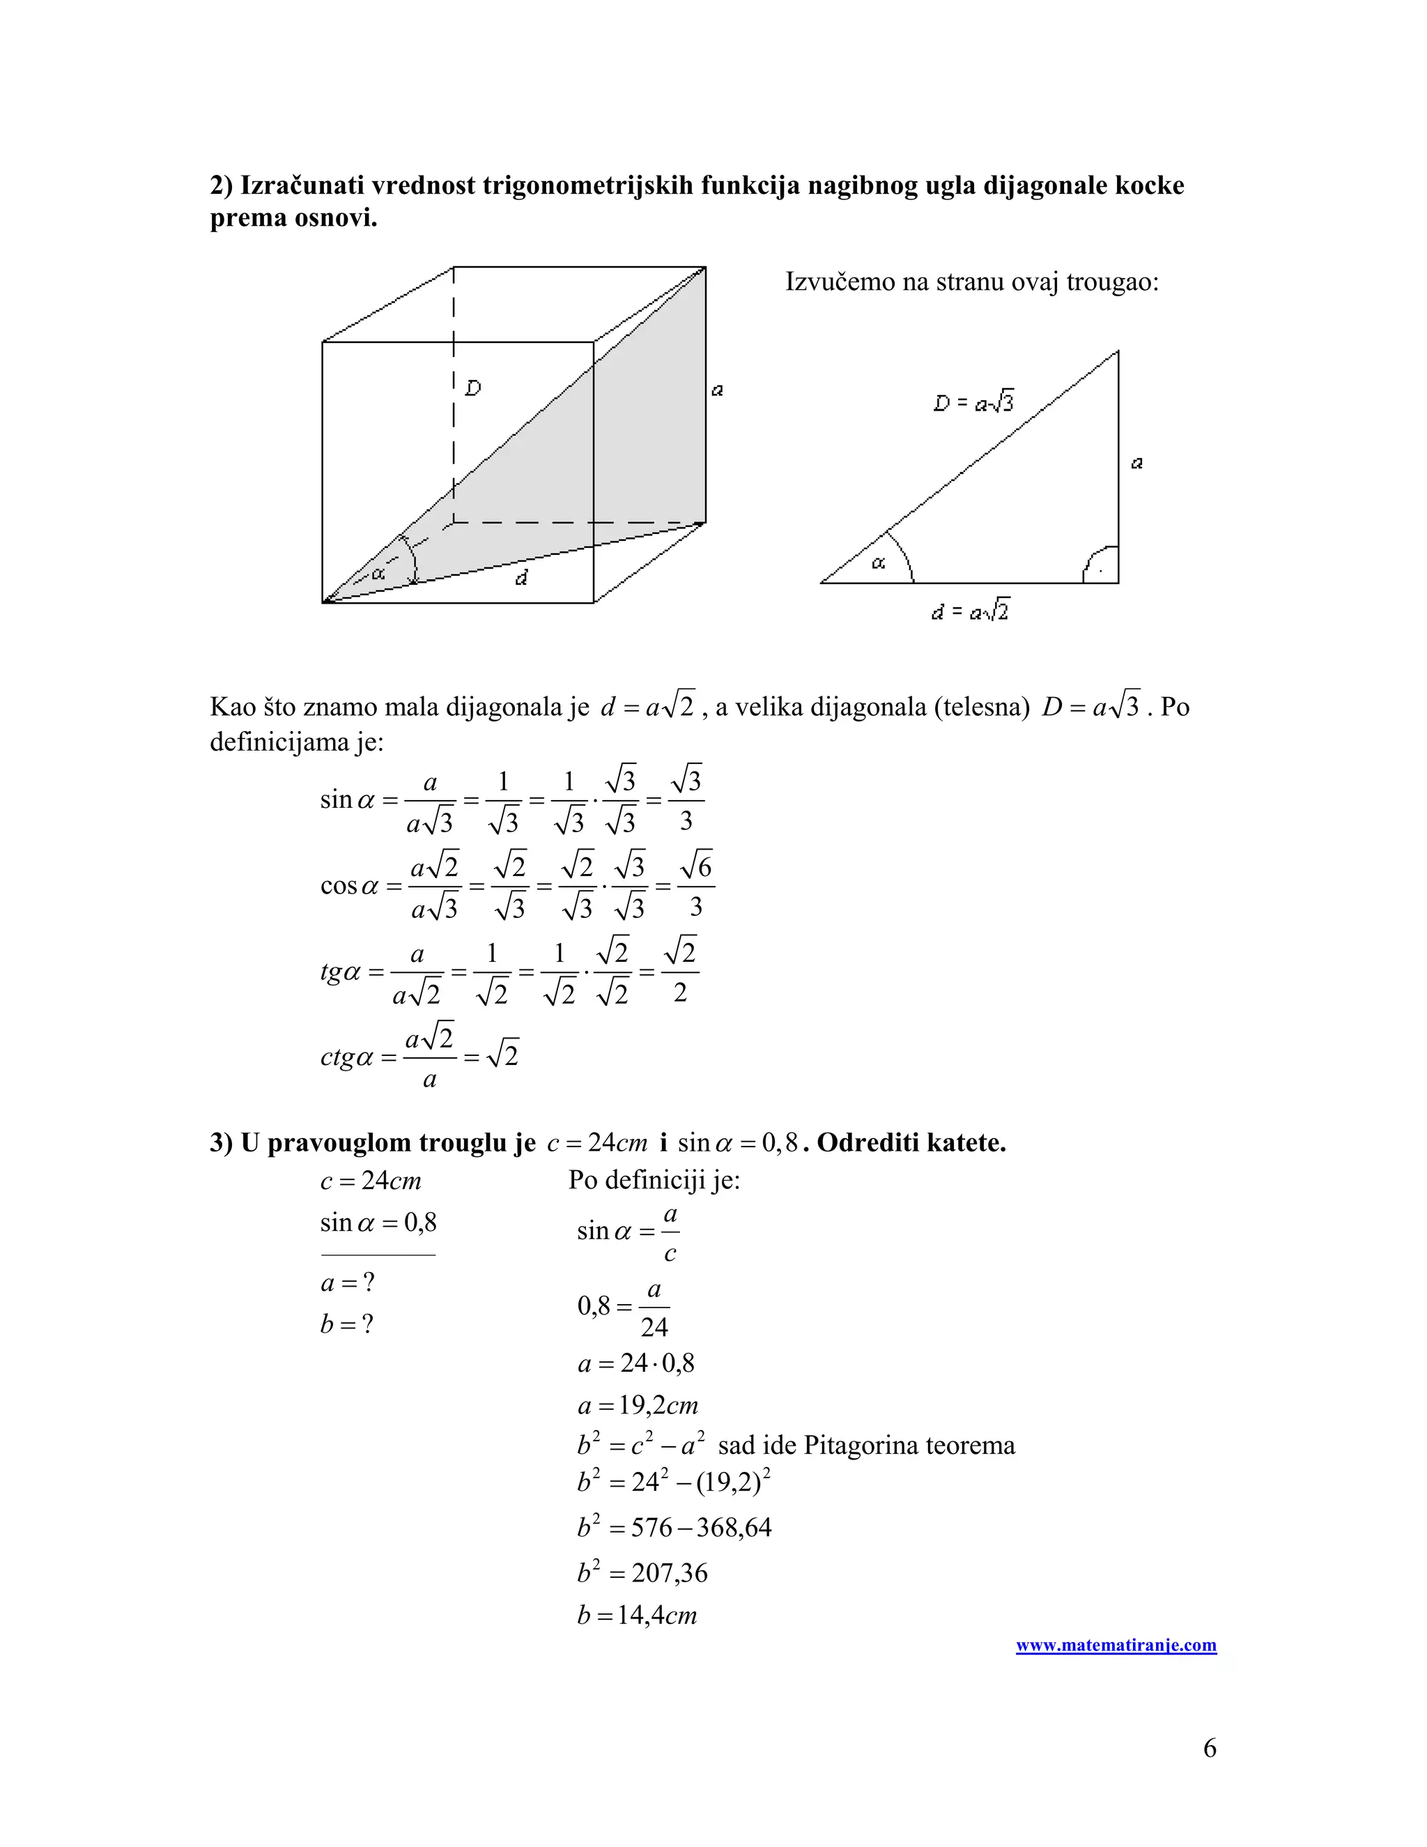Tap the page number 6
pos(1209,1747)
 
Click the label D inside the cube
pos(473,388)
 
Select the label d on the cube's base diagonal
pos(522,578)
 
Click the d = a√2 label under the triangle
pos(970,610)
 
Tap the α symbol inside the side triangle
pos(879,562)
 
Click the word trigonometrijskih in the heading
pos(587,185)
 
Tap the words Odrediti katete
pos(911,1143)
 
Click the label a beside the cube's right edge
pos(717,390)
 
